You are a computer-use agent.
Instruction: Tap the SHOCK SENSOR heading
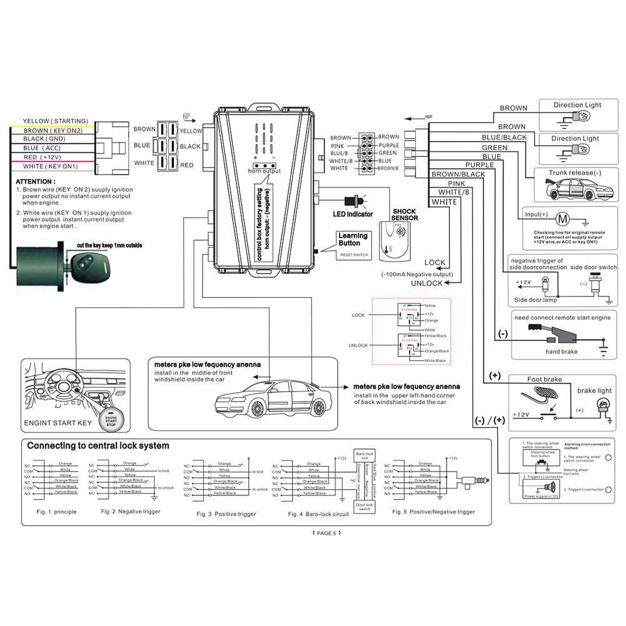click(405, 215)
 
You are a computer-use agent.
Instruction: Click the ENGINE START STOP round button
click(111, 420)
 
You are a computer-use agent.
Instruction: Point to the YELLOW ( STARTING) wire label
click(56, 121)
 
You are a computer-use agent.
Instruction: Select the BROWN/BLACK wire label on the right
click(458, 174)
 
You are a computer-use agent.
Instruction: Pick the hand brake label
click(561, 351)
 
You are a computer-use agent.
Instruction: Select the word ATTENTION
click(34, 181)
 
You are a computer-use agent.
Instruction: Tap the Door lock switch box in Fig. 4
click(365, 507)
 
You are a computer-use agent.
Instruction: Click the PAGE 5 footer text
click(325, 533)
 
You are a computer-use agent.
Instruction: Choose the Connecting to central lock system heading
click(98, 446)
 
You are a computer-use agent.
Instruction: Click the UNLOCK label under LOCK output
click(427, 283)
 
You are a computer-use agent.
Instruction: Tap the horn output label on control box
click(264, 171)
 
